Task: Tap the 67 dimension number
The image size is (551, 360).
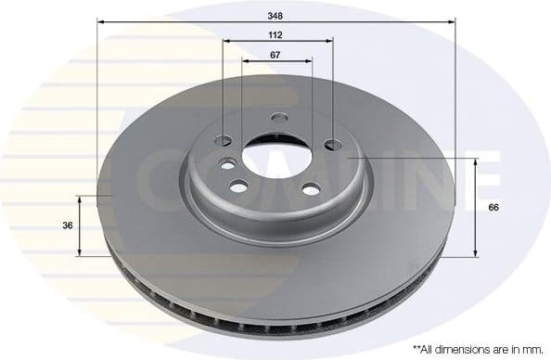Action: coord(276,55)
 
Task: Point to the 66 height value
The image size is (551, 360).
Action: coord(493,208)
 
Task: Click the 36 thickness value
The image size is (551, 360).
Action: coord(66,225)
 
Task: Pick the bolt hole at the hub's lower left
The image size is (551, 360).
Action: coord(238,186)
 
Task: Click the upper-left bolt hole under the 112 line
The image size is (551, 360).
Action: coord(223,141)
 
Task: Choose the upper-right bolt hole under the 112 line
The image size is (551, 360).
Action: coord(332,145)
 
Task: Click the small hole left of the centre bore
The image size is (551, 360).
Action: coord(227,164)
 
